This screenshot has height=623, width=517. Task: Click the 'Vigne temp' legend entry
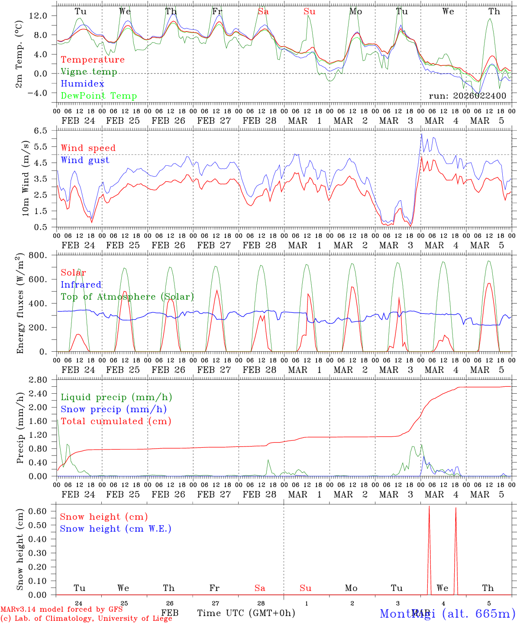coord(89,72)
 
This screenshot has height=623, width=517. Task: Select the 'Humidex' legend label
coord(82,84)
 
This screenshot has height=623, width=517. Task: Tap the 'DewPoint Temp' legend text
coord(99,96)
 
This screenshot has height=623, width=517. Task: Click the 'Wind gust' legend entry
coord(85,160)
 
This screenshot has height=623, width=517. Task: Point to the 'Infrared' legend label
coord(81,285)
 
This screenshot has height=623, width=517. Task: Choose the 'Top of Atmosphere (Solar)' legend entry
coord(127,297)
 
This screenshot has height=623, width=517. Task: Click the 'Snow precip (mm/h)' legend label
coord(113,409)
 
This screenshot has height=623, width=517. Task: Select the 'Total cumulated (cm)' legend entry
coord(116,421)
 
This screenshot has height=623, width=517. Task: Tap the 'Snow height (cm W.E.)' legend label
coord(115,529)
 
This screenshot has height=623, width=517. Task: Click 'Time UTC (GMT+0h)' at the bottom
coord(246,613)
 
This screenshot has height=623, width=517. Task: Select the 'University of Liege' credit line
coord(87,618)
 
